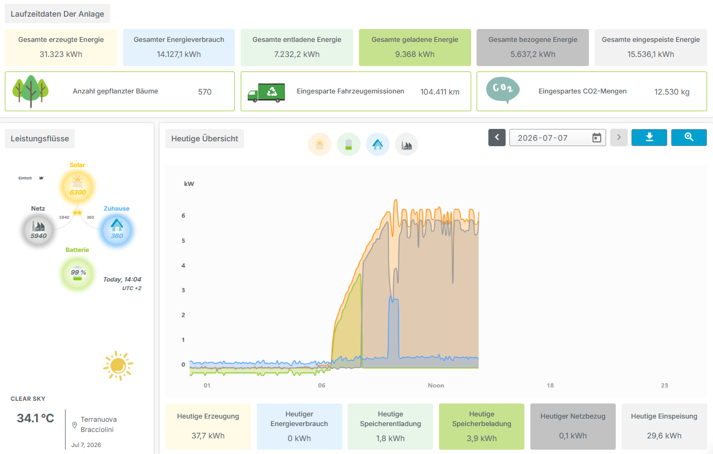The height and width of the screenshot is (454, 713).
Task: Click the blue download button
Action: pyautogui.click(x=649, y=138)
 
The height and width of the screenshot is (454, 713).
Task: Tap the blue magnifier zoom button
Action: pyautogui.click(x=689, y=138)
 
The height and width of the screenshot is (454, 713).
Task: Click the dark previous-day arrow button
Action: pyautogui.click(x=497, y=138)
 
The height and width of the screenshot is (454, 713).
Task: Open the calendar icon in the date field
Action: pyautogui.click(x=596, y=138)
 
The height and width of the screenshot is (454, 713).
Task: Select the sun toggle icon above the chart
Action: pyautogui.click(x=320, y=145)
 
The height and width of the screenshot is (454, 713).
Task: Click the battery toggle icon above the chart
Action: pyautogui.click(x=349, y=145)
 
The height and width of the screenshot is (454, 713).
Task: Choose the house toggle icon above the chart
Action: pyautogui.click(x=378, y=145)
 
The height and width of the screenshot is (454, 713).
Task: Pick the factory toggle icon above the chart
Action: pyautogui.click(x=407, y=145)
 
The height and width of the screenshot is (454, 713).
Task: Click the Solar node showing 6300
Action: pyautogui.click(x=77, y=187)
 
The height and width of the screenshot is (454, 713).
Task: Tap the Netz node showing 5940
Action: pyautogui.click(x=38, y=230)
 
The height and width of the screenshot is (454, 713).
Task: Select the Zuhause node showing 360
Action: pyautogui.click(x=117, y=230)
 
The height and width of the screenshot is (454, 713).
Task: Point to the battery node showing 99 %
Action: pyautogui.click(x=77, y=273)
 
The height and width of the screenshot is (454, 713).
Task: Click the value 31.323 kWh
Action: pyautogui.click(x=61, y=54)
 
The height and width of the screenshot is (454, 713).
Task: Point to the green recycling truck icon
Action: pyautogui.click(x=267, y=92)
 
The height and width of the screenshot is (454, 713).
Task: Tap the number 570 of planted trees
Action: pyautogui.click(x=205, y=92)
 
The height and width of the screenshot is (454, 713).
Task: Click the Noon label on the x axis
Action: pyautogui.click(x=436, y=385)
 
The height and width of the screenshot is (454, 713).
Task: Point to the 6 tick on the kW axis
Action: pyautogui.click(x=183, y=215)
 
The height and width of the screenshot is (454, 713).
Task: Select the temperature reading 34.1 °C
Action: pyautogui.click(x=35, y=418)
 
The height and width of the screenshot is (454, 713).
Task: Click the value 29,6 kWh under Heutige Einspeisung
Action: pyautogui.click(x=664, y=436)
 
